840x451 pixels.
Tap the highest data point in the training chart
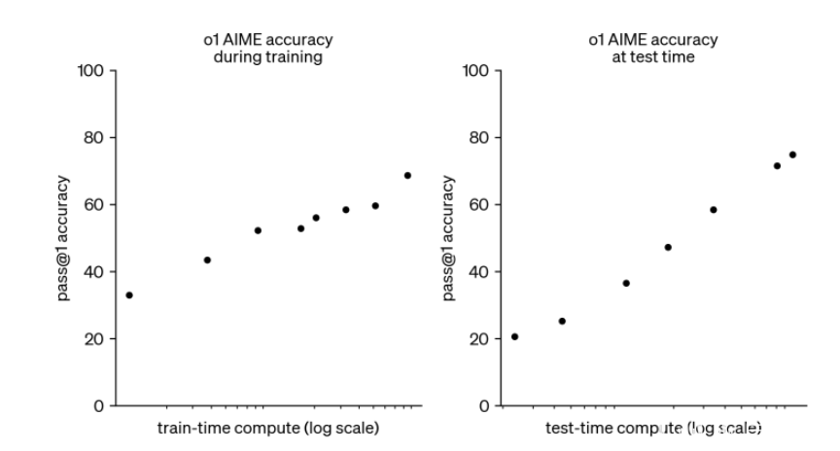[x=407, y=176]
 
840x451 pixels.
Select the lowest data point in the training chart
[x=129, y=295]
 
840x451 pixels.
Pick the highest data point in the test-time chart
[x=792, y=155]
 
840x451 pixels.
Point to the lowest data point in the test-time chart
[x=514, y=336]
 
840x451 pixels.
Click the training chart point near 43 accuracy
[x=207, y=260]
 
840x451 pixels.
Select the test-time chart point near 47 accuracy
[x=668, y=247]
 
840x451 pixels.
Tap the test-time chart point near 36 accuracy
[x=626, y=283]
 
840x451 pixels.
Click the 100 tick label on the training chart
[x=91, y=71]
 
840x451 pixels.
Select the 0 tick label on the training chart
[x=99, y=406]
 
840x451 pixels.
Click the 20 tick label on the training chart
[x=94, y=339]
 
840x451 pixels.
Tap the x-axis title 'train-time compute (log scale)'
[x=268, y=428]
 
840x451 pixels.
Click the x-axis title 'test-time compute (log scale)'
[x=653, y=428]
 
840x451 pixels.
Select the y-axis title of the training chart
[x=63, y=238]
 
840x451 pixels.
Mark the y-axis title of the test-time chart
[x=448, y=238]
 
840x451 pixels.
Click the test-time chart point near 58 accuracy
[x=713, y=210]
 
